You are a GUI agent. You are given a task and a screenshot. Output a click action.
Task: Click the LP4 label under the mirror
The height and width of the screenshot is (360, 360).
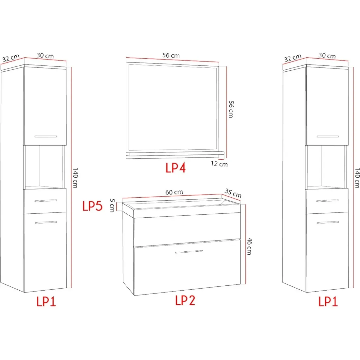point(176,168)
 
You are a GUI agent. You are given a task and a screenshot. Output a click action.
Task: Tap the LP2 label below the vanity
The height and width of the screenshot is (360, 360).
point(185,300)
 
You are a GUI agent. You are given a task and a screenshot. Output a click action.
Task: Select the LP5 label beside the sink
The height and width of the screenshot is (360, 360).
point(92,206)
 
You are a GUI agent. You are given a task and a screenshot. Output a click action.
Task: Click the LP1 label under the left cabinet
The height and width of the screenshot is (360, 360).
point(46,301)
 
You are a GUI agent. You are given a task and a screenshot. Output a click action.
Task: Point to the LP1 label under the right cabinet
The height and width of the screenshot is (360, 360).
point(328,301)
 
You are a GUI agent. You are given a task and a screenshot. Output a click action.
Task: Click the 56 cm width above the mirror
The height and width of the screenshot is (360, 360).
point(171,55)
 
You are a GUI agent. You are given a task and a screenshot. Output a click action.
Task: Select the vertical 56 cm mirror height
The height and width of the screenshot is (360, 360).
point(231,109)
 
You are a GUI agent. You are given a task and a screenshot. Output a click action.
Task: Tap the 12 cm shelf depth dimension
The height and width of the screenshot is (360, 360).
point(219,164)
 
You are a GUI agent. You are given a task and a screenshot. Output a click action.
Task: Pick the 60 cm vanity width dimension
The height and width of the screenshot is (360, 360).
point(174,192)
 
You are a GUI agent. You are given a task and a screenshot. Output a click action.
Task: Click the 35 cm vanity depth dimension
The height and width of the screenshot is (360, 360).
point(233,193)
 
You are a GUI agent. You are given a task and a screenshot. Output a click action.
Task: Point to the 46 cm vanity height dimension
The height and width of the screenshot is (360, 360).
point(250,246)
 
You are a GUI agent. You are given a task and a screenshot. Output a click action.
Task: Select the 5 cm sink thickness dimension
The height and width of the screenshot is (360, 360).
point(112,206)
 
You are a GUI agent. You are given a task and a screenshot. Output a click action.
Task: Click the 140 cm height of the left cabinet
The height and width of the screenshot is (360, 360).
point(75,178)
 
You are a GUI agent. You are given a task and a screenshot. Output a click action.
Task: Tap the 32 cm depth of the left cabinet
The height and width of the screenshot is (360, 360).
point(11,58)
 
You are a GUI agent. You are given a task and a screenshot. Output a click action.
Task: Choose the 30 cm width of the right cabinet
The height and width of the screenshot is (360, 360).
point(327,56)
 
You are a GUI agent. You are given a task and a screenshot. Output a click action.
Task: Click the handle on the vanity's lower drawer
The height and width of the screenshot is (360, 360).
point(189,252)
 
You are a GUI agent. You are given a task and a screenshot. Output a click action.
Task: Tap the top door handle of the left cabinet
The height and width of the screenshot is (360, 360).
point(46,136)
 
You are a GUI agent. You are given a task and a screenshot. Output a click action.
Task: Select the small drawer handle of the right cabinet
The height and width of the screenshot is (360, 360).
point(327,201)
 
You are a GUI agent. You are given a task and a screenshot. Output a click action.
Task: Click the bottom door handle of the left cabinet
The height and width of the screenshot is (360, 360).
point(46,222)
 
